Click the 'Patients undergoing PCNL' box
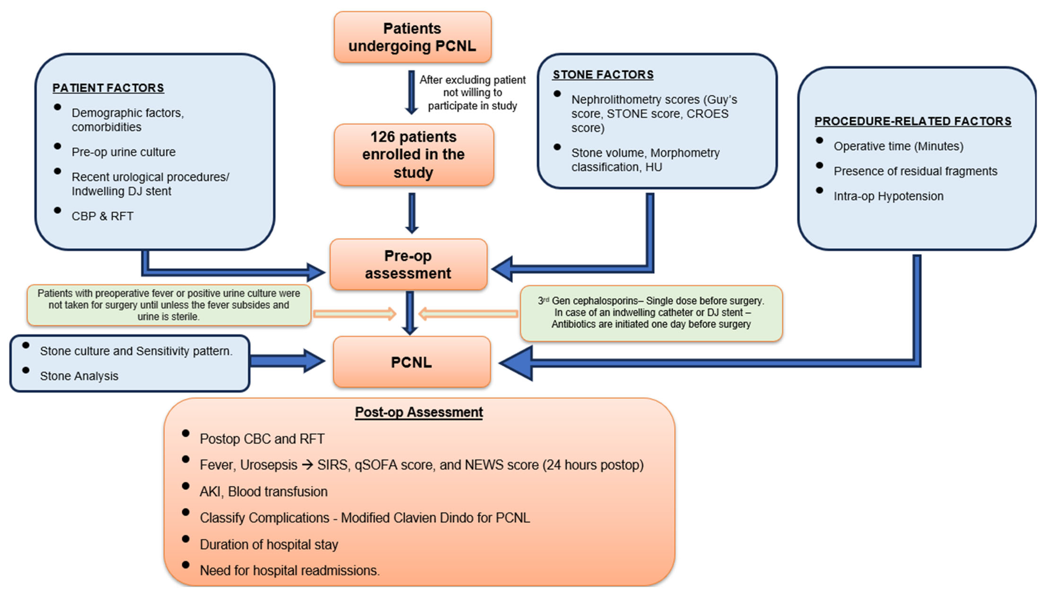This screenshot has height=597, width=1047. (x=412, y=37)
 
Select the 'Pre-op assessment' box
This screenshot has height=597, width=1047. (x=408, y=265)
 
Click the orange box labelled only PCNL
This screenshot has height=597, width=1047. (x=411, y=362)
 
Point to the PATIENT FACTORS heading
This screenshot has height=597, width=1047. (x=108, y=88)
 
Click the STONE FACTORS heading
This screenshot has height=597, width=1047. (x=603, y=75)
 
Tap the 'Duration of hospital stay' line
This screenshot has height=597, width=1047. (x=269, y=544)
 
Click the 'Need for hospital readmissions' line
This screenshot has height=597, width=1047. (x=289, y=570)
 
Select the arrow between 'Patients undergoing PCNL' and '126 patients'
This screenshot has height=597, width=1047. (x=411, y=93)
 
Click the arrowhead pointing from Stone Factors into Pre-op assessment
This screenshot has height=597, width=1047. (x=502, y=269)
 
